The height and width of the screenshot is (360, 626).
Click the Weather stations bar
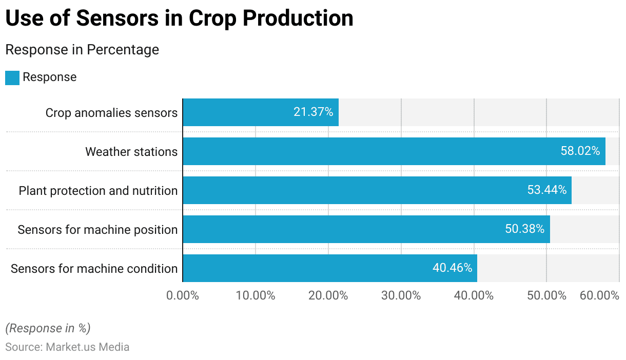394,151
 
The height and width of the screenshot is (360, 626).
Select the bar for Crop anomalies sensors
261,112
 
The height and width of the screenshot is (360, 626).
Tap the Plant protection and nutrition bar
377,190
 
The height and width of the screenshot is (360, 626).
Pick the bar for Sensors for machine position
366,229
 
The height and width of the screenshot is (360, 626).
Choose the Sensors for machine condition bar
330,268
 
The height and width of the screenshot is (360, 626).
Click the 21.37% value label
313,112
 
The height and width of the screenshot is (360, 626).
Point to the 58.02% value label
580,151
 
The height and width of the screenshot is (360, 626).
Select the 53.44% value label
546,190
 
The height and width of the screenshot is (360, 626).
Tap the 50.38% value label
524,229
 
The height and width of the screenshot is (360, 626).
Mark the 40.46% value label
452,268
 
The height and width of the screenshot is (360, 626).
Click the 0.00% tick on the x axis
183,296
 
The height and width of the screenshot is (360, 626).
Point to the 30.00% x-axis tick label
401,296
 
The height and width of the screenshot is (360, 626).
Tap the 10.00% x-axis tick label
256,296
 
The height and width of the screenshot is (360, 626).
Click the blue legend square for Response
12,77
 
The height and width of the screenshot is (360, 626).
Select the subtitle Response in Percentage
82,50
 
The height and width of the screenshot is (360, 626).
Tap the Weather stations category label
131,152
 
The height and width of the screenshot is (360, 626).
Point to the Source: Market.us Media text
67,347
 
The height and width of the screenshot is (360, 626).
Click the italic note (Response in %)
48,328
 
